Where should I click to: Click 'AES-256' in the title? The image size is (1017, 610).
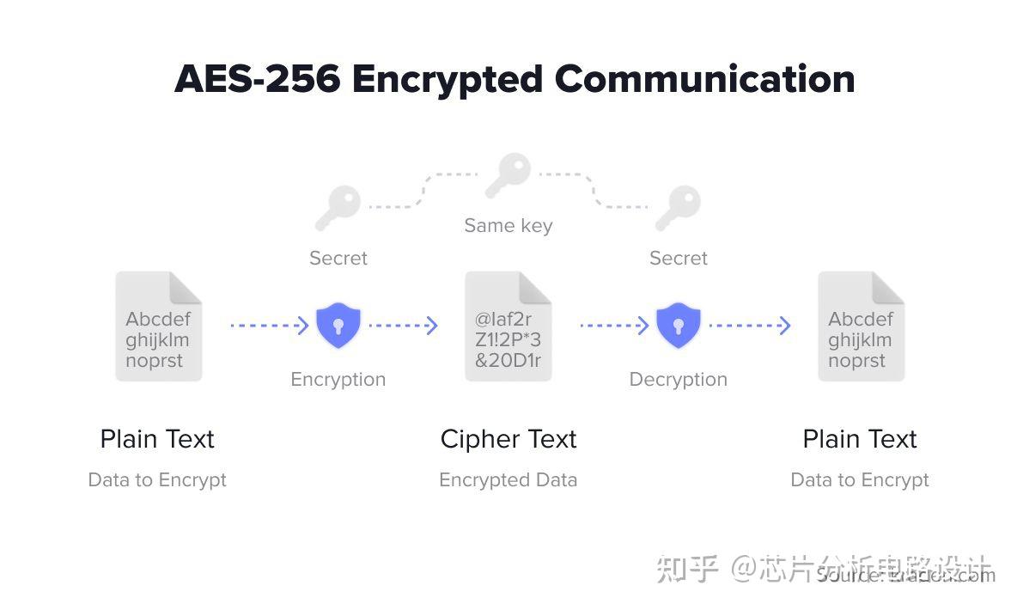[x=257, y=80]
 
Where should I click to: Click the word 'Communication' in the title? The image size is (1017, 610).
[x=704, y=80]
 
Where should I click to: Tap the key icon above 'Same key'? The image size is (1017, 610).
[x=507, y=175]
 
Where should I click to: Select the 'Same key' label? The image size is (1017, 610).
[x=508, y=226]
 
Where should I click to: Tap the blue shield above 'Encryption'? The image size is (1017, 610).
[x=338, y=325]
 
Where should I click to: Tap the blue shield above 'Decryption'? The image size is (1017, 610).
[x=678, y=325]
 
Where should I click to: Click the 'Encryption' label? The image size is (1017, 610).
[x=338, y=380]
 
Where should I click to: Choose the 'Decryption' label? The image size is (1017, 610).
[x=678, y=380]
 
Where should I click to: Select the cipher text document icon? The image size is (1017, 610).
[x=508, y=326]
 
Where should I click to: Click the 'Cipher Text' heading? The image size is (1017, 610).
[x=508, y=439]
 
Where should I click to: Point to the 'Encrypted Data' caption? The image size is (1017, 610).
[x=508, y=480]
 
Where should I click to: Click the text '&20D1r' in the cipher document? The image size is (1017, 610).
[x=508, y=361]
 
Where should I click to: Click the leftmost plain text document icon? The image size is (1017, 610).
[x=158, y=326]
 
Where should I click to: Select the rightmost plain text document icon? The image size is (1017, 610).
[x=860, y=326]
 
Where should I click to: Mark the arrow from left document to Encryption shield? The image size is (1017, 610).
[x=269, y=326]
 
